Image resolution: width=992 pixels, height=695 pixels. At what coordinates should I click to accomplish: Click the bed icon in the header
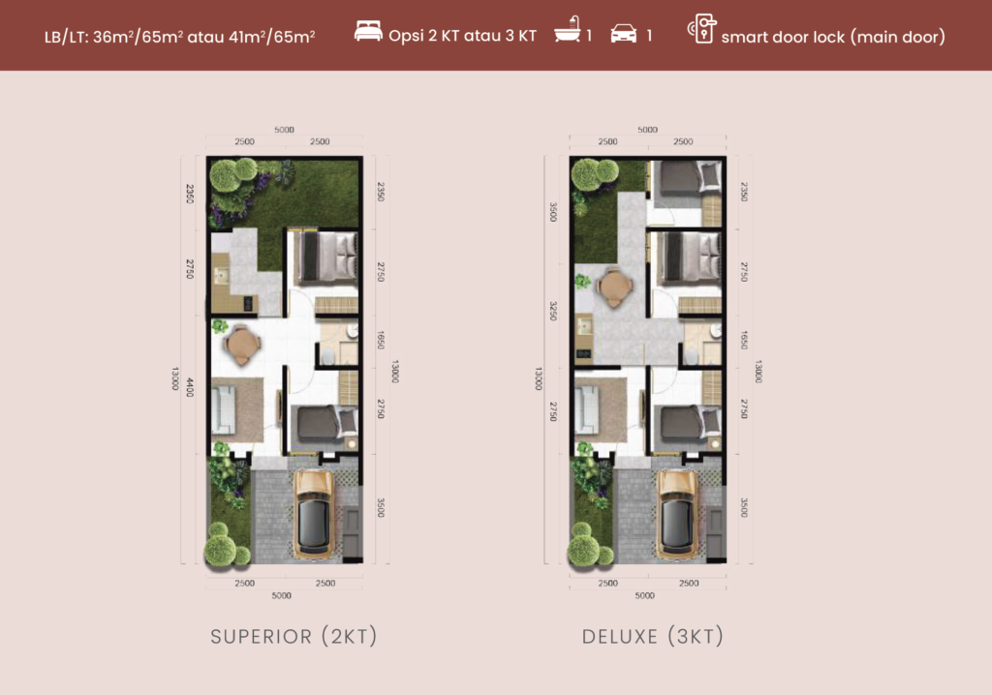click(x=368, y=32)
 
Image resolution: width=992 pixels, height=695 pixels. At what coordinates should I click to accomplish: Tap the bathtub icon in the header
click(x=568, y=29)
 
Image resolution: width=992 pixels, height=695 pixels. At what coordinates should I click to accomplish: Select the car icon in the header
click(x=624, y=34)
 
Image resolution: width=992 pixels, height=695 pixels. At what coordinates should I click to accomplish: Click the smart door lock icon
click(x=702, y=29)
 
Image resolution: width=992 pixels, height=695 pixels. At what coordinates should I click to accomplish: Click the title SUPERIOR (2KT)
click(x=294, y=636)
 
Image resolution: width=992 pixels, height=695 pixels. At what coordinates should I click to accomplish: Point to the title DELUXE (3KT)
click(x=652, y=636)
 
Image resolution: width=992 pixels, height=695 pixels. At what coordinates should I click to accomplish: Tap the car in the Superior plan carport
click(x=314, y=514)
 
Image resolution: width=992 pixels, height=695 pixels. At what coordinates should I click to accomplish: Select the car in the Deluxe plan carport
click(x=677, y=514)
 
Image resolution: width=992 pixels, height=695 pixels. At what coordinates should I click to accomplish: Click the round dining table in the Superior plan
click(x=241, y=346)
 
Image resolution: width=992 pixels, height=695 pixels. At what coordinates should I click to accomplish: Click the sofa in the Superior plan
click(x=224, y=409)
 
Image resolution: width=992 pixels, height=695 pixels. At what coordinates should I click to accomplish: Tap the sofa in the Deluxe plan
click(x=586, y=409)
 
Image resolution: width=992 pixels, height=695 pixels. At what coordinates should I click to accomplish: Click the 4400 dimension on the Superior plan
click(x=190, y=387)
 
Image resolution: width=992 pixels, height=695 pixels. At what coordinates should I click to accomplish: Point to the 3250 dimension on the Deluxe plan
click(x=553, y=311)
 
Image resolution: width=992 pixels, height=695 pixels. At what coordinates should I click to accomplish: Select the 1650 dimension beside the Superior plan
click(x=381, y=340)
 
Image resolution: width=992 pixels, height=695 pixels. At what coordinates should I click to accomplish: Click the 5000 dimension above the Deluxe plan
click(x=647, y=130)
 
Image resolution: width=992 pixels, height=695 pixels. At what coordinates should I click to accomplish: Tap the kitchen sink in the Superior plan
click(x=222, y=276)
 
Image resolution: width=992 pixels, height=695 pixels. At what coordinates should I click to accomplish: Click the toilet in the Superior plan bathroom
click(x=328, y=356)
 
